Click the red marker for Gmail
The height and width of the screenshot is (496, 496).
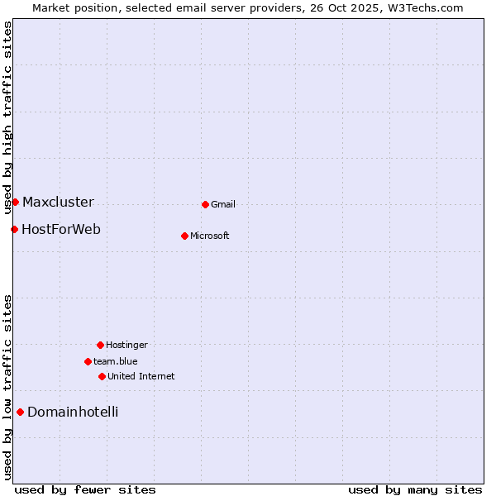(x=205, y=204)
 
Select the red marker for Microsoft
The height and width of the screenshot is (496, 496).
(x=184, y=236)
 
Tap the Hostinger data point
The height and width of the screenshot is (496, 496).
(x=100, y=345)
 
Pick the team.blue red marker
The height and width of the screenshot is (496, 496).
(x=88, y=361)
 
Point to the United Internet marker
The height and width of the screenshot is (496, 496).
(x=102, y=376)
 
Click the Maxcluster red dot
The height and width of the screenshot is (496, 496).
(x=15, y=202)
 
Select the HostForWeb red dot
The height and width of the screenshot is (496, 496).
(x=14, y=229)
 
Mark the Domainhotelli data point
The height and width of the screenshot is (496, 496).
(x=20, y=412)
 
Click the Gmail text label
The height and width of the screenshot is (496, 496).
(x=223, y=204)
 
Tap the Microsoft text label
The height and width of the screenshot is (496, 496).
(x=210, y=236)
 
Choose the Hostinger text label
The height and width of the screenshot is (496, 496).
(x=126, y=345)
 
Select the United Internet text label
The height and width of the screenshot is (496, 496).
(x=141, y=376)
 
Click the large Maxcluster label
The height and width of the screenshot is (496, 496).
(x=58, y=202)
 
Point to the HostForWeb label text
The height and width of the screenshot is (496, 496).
(x=61, y=229)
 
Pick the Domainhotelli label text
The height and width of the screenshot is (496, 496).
(x=73, y=412)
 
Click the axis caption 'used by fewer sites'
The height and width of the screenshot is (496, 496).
(x=85, y=489)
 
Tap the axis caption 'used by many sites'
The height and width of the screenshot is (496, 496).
(x=415, y=489)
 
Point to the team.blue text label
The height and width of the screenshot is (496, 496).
(x=116, y=361)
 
